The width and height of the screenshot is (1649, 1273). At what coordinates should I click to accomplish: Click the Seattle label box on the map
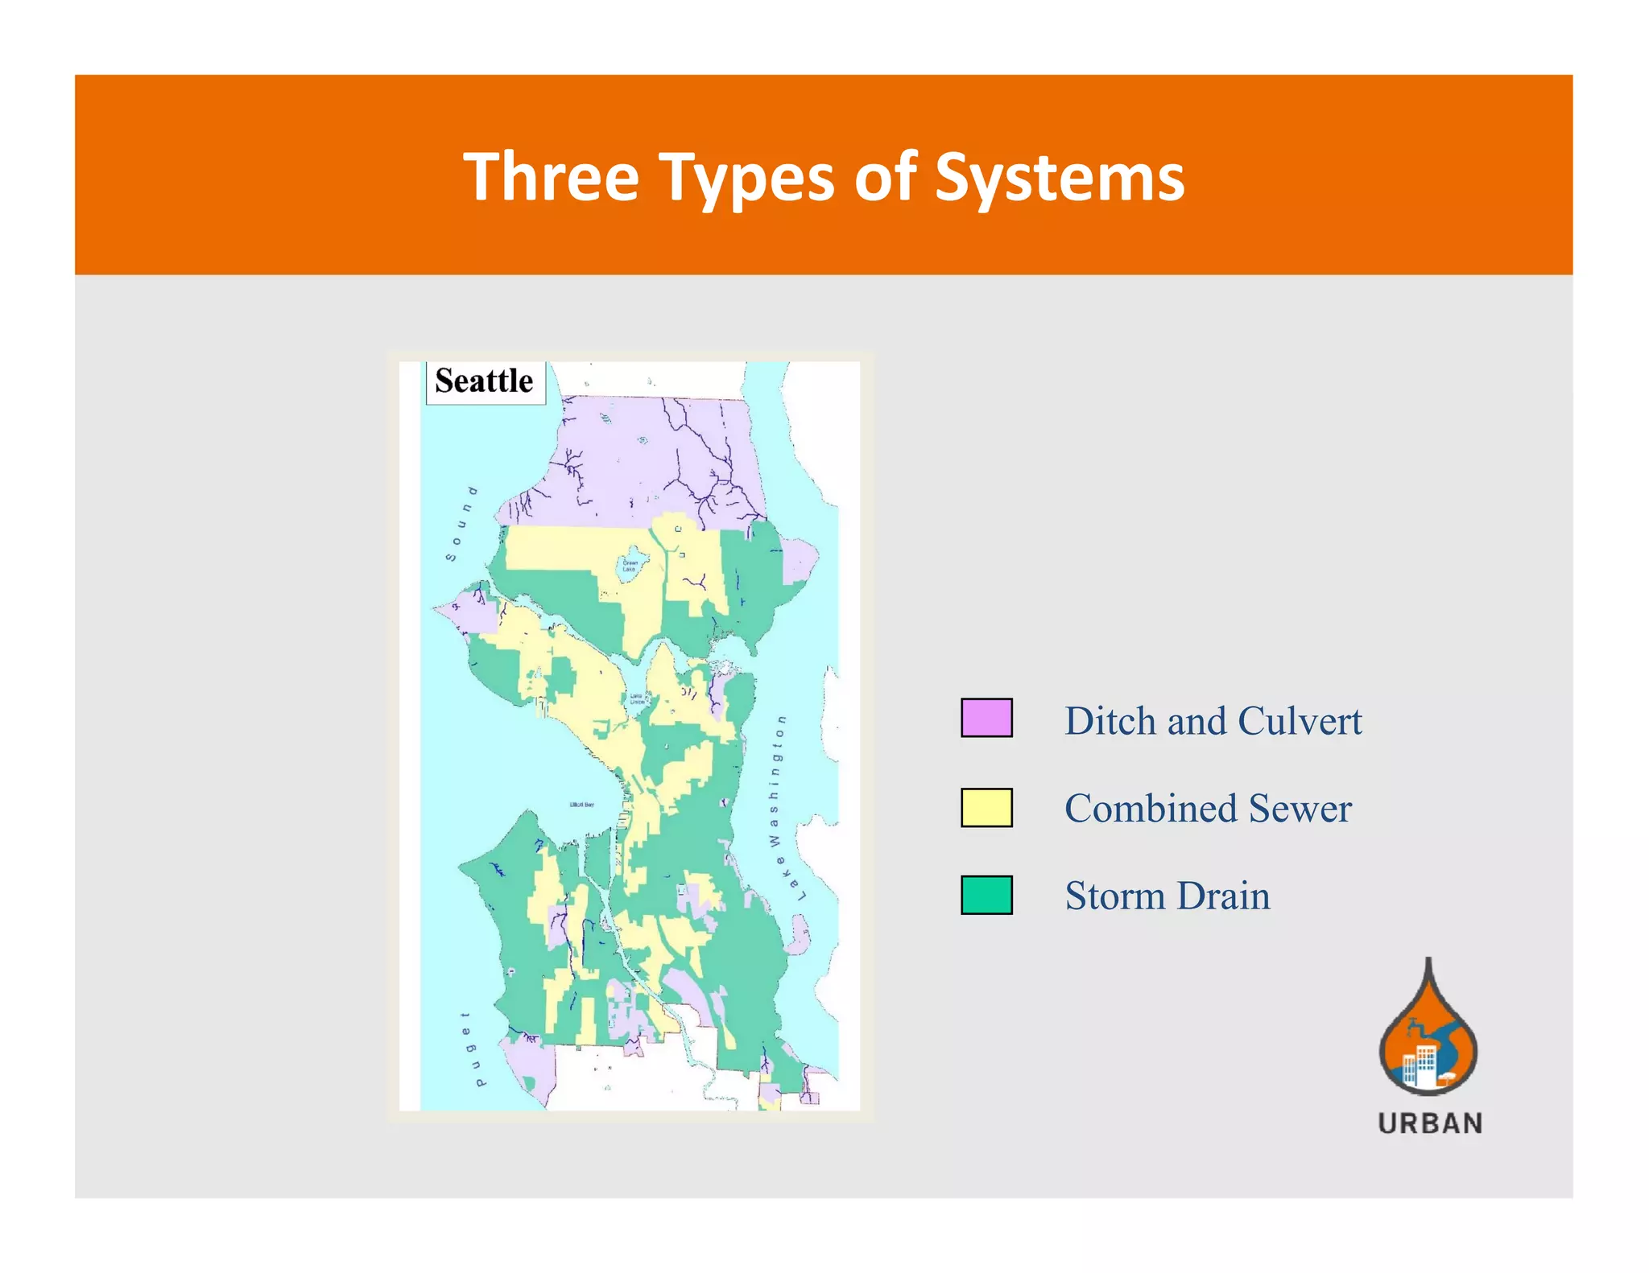point(485,381)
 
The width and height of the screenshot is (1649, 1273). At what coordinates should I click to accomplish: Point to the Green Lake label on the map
point(630,566)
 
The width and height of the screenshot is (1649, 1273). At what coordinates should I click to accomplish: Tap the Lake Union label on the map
point(637,698)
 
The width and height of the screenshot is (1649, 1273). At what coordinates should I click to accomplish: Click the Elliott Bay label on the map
point(582,805)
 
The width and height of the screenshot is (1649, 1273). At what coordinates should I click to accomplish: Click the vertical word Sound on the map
point(461,523)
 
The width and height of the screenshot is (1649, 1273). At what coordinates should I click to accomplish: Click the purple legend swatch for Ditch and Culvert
point(986,718)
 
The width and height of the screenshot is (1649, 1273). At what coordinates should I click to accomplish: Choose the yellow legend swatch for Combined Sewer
point(986,807)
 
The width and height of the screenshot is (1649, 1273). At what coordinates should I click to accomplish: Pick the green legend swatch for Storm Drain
point(986,895)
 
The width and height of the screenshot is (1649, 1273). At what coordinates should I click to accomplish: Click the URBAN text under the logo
point(1430,1123)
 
